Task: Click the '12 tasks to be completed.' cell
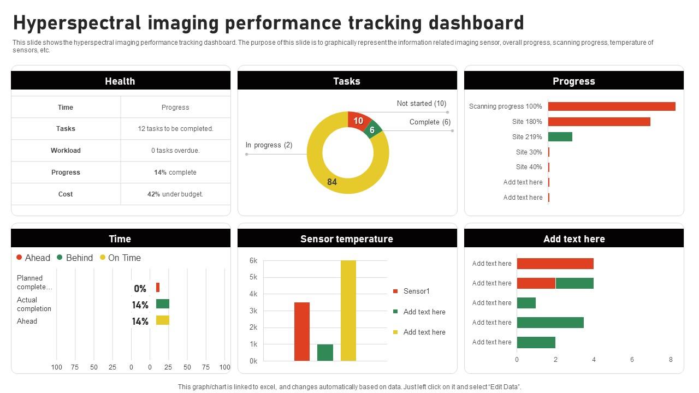pos(175,129)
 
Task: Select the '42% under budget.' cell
pos(175,194)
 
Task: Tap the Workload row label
pos(66,151)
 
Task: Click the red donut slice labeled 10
pos(358,120)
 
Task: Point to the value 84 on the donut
pos(332,182)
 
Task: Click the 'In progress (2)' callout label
pos(269,145)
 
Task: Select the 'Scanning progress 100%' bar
pos(612,106)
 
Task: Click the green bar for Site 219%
pos(560,137)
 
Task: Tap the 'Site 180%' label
pos(527,122)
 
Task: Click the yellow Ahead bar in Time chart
pos(163,320)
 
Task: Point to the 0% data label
pos(140,289)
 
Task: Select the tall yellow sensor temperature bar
pos(348,310)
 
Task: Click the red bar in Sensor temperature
pos(302,331)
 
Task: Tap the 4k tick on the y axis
pos(253,294)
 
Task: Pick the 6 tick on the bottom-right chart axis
pos(632,360)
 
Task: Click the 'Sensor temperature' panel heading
pos(347,239)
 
